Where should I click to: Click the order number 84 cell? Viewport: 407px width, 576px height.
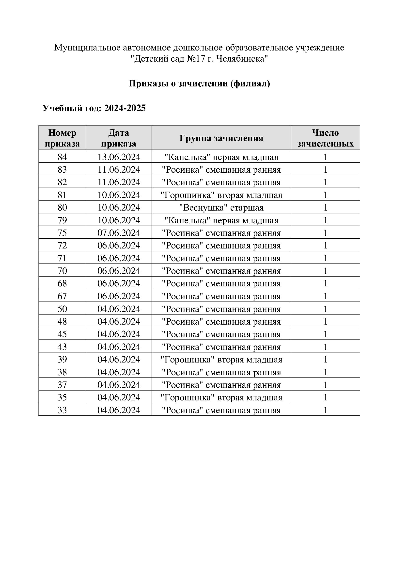pos(62,157)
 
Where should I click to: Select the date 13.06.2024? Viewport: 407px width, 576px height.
pos(119,157)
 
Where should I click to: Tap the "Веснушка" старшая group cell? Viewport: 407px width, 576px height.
pos(221,208)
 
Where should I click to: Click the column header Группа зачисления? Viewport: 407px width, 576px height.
pos(221,138)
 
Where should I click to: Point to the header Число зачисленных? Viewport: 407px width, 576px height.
pos(325,138)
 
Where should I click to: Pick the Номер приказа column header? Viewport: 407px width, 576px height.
pos(62,138)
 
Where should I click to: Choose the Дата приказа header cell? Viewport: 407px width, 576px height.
pos(119,138)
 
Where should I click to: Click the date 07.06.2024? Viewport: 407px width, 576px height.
pos(119,233)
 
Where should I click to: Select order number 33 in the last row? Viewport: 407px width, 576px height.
pos(62,410)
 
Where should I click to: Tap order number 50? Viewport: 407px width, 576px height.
pos(62,309)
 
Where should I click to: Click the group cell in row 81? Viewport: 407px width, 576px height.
pos(221,195)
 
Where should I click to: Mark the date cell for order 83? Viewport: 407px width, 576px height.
pos(119,170)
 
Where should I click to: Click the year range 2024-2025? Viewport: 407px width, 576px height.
pos(125,108)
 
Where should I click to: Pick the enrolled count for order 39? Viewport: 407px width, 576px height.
pos(325,360)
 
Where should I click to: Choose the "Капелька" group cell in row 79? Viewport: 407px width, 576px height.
pos(221,220)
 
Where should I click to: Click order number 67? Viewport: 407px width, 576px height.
pos(62,296)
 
